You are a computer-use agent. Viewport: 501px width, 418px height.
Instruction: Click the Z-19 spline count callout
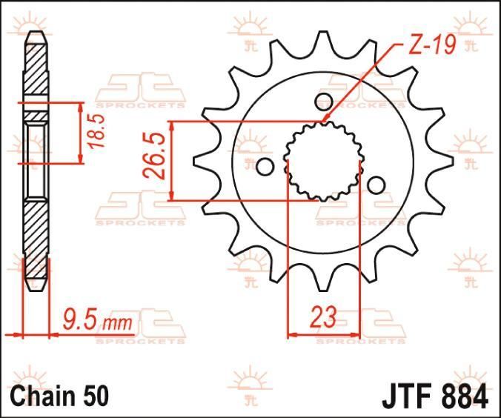pos(431,44)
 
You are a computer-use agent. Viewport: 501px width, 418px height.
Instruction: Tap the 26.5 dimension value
pos(154,156)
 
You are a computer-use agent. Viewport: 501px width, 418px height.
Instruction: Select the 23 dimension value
pos(324,317)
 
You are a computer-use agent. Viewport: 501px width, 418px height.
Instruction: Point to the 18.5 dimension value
pos(96,131)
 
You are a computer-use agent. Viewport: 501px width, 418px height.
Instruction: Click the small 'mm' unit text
pos(117,323)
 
